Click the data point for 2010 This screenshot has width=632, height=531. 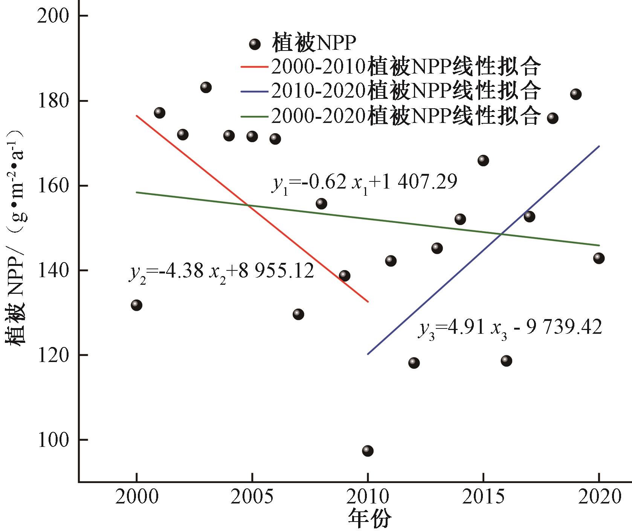pyautogui.click(x=368, y=451)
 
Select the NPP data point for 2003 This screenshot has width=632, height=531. pyautogui.click(x=206, y=87)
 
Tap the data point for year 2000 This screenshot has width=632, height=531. pyautogui.click(x=136, y=305)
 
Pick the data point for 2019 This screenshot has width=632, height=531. pyautogui.click(x=576, y=94)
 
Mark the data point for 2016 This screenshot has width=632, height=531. pyautogui.click(x=506, y=361)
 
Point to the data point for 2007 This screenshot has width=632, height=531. pyautogui.click(x=298, y=314)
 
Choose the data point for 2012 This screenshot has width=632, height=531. pyautogui.click(x=414, y=363)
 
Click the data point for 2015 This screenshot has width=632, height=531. pyautogui.click(x=483, y=160)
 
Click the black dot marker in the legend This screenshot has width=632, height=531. pyautogui.click(x=255, y=44)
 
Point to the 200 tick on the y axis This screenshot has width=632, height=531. pyautogui.click(x=56, y=16)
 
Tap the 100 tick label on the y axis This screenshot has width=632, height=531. pyautogui.click(x=56, y=440)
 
